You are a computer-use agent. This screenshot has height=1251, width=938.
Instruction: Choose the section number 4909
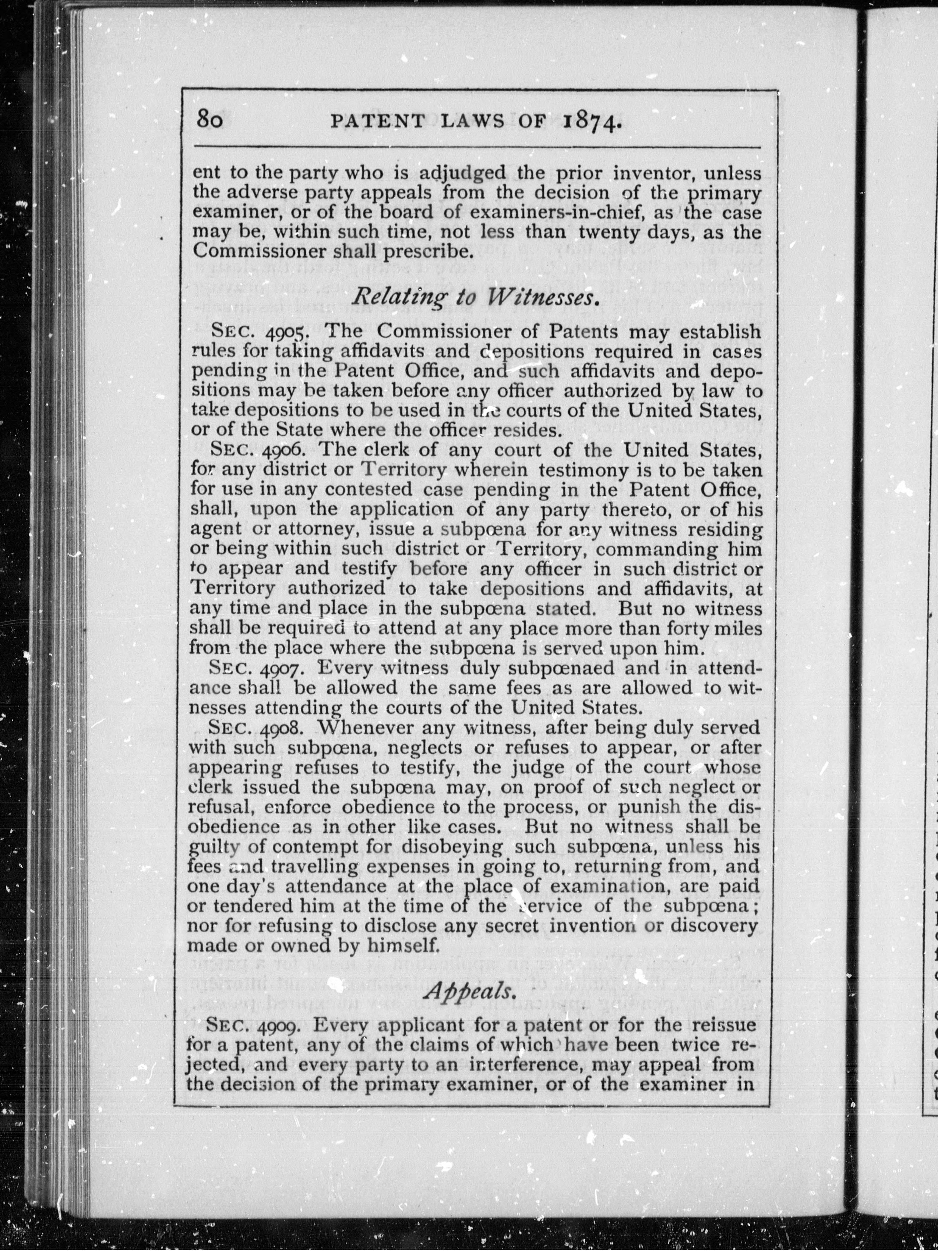[280, 1025]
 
